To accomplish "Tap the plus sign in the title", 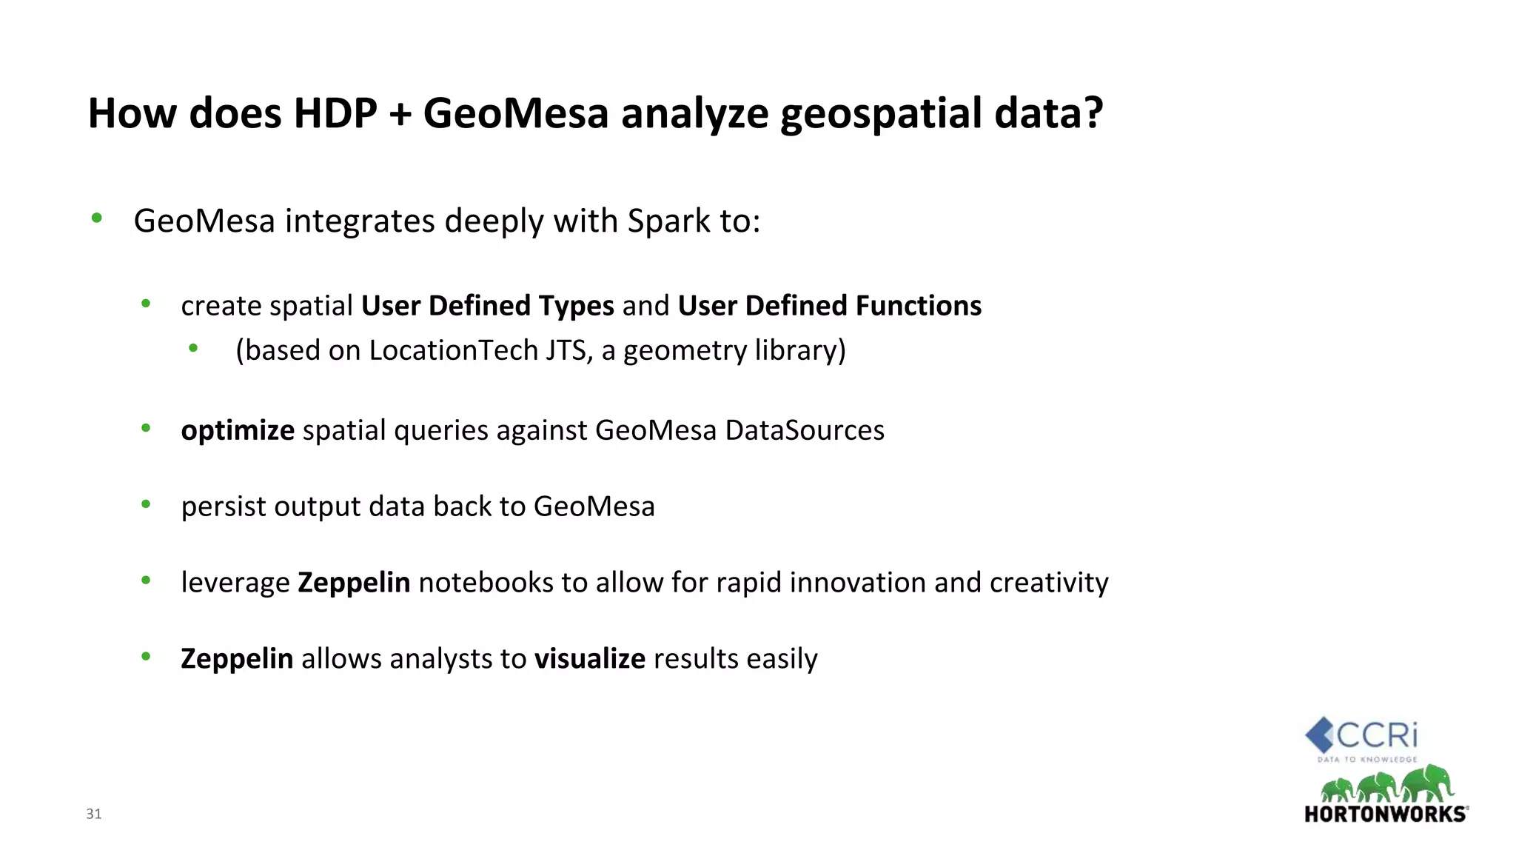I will (x=400, y=115).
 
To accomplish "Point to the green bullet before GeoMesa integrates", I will (x=96, y=218).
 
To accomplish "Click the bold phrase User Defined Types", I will (x=487, y=305).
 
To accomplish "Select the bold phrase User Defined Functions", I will (x=829, y=305).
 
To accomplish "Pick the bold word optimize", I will (x=238, y=430).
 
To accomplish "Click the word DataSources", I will (x=805, y=430).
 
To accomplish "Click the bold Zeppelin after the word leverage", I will (x=354, y=583).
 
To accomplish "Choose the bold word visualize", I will (x=590, y=658).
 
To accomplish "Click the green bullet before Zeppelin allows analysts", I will (x=146, y=656).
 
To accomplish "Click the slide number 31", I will (x=94, y=814).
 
